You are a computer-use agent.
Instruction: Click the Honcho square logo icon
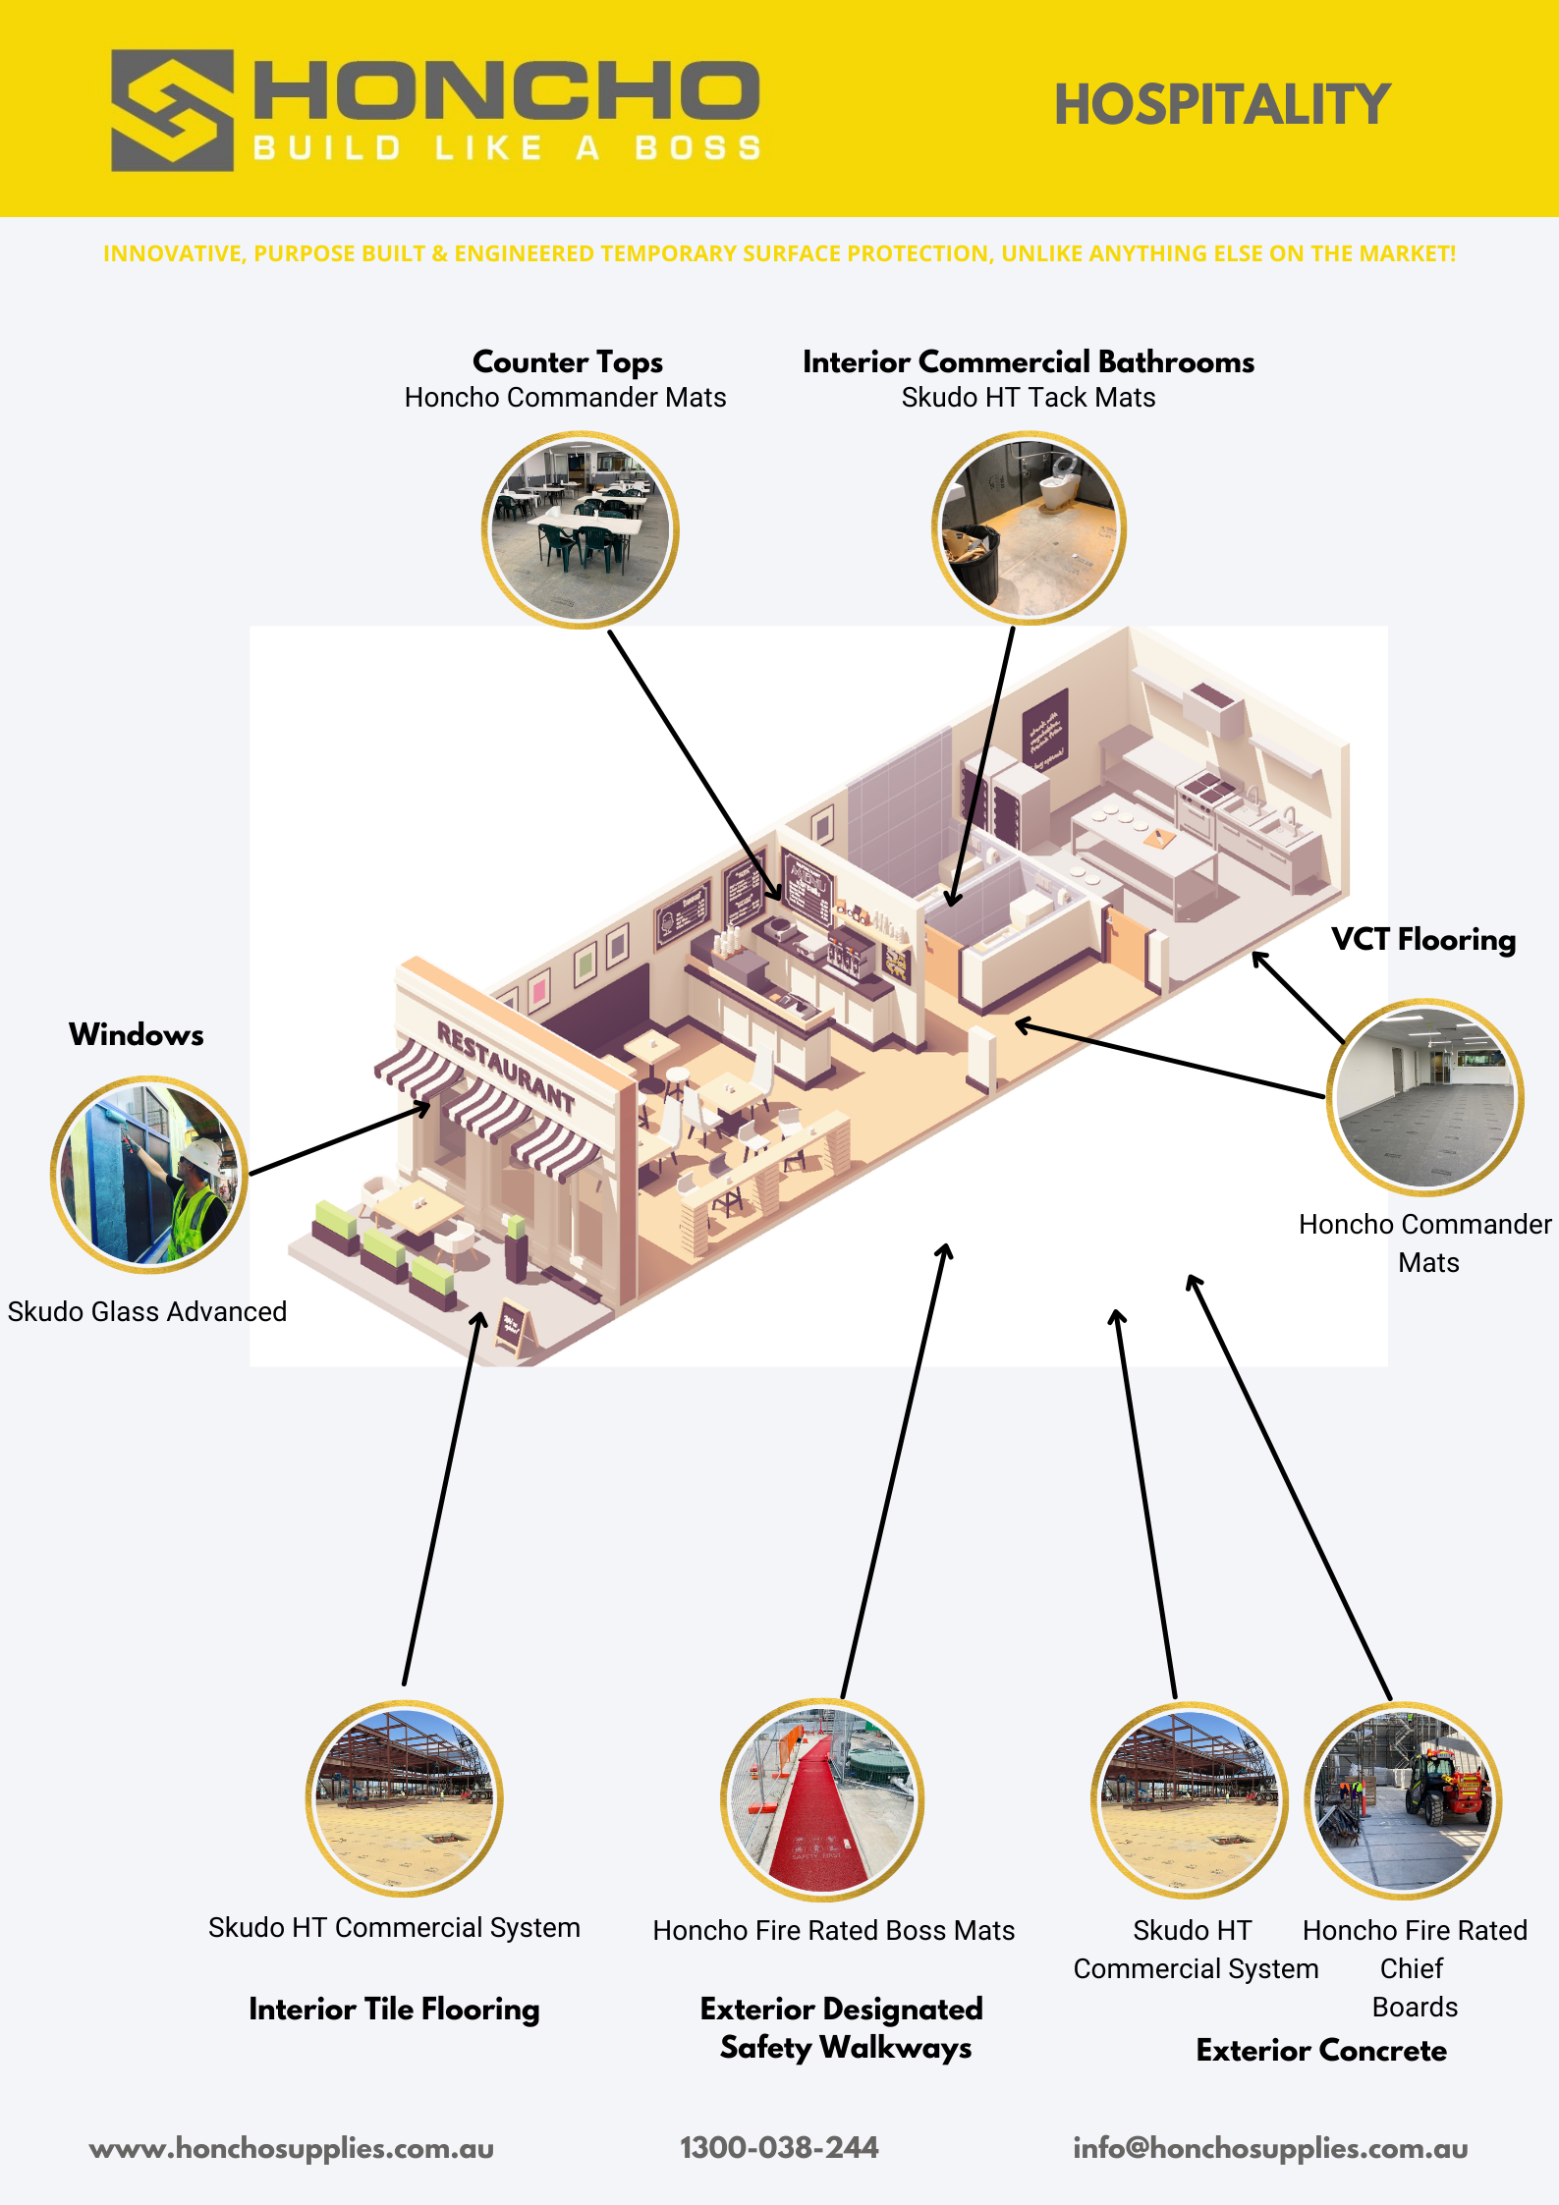(172, 110)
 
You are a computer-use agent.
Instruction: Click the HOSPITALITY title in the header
(1222, 105)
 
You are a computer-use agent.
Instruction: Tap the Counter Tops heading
(568, 361)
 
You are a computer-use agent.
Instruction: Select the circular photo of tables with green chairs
(580, 529)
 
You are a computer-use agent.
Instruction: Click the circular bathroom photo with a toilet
(1029, 528)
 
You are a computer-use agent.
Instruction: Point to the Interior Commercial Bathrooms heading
(1029, 361)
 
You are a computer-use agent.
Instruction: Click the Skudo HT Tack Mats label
(1029, 398)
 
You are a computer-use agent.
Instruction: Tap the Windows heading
(137, 1034)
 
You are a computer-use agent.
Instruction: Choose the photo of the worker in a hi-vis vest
(149, 1175)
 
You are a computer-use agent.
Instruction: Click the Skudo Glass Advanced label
(147, 1311)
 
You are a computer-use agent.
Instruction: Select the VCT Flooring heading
(1423, 940)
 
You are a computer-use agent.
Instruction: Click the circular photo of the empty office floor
(1424, 1097)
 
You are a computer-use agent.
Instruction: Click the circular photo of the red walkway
(822, 1799)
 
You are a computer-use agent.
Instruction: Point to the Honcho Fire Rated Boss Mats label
(834, 1931)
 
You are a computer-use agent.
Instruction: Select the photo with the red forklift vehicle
(1404, 1799)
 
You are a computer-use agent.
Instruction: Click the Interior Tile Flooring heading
(394, 2010)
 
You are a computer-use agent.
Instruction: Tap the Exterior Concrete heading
(1321, 2051)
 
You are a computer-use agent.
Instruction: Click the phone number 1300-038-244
(779, 2148)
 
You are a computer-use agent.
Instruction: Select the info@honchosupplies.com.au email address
(1270, 2148)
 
